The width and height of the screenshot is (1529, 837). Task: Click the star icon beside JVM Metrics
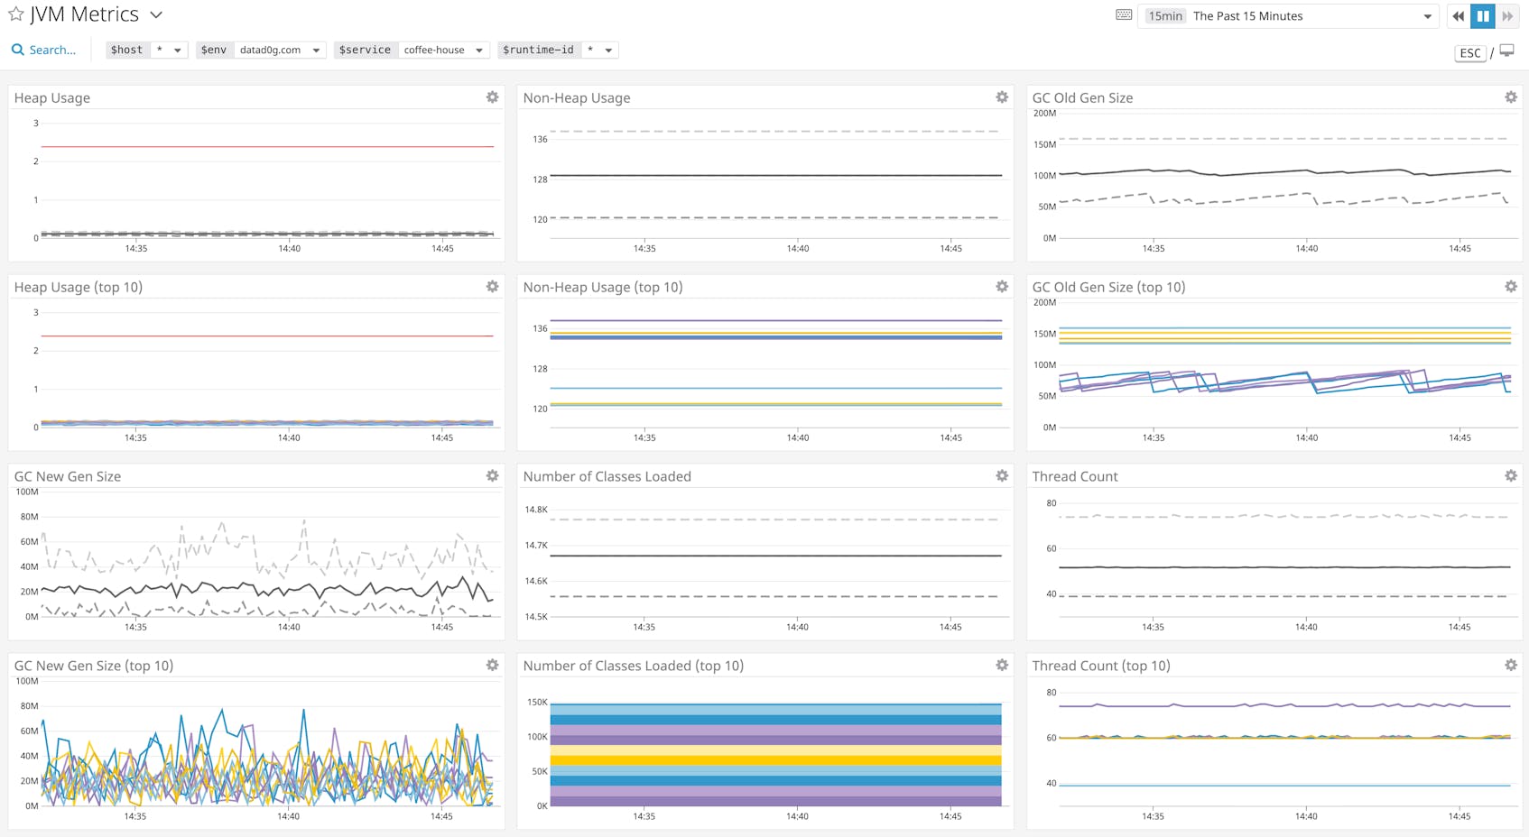click(x=15, y=14)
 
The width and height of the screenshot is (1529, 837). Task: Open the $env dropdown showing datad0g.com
click(x=279, y=51)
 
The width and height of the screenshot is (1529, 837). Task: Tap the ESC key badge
click(x=1470, y=53)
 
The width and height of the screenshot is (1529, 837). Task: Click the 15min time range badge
click(x=1165, y=16)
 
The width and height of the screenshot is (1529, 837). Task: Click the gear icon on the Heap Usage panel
click(x=492, y=97)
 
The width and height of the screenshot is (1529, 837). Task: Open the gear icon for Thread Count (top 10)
click(x=1511, y=666)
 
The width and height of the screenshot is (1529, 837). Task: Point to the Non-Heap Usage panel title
click(x=577, y=98)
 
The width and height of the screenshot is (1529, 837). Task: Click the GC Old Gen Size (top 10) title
click(x=1108, y=288)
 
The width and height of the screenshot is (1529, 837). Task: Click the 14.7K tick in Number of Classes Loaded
click(x=536, y=546)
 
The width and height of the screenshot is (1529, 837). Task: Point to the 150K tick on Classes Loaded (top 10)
click(x=537, y=702)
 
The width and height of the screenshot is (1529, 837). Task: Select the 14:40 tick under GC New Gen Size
click(x=289, y=627)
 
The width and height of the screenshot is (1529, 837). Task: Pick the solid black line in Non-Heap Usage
click(x=776, y=175)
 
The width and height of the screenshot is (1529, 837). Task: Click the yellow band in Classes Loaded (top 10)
click(x=776, y=759)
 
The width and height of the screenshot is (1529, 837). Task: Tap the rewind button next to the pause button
click(x=1458, y=16)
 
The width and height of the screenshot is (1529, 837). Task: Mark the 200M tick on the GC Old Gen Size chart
click(x=1044, y=114)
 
